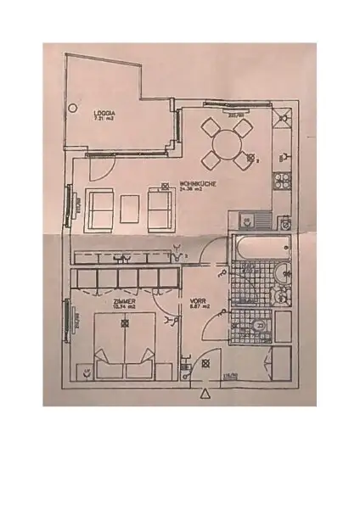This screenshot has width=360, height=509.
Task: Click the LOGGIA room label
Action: [105, 110]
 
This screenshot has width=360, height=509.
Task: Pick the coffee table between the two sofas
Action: [132, 206]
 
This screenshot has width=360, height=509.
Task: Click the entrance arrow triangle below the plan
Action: [204, 394]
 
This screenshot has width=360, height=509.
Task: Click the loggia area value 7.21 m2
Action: [105, 118]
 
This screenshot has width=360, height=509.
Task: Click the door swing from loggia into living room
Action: [100, 167]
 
